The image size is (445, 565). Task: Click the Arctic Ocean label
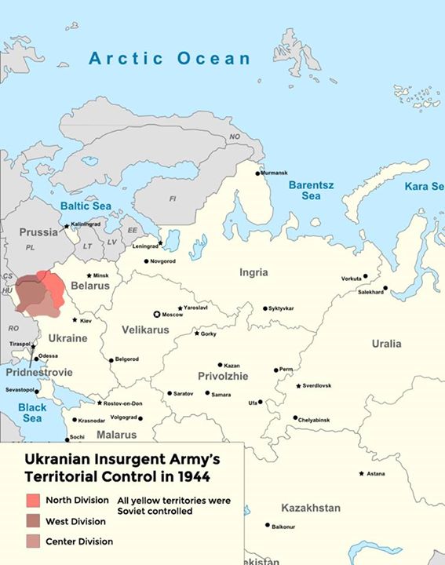click(x=170, y=58)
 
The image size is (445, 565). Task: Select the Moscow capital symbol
click(x=156, y=314)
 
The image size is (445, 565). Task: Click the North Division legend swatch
click(x=33, y=500)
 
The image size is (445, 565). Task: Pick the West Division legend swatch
click(x=33, y=520)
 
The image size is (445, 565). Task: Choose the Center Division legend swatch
click(x=33, y=541)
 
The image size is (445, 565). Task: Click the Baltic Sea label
click(x=86, y=206)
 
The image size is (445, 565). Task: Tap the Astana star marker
click(x=361, y=473)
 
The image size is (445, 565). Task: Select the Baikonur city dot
click(x=268, y=525)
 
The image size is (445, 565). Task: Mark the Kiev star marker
click(x=75, y=319)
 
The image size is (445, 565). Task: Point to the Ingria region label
click(x=254, y=272)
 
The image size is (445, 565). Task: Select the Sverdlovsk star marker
click(x=298, y=385)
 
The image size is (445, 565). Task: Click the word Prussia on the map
click(x=38, y=232)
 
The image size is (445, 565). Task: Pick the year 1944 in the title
click(x=191, y=476)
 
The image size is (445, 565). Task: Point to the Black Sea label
click(x=32, y=413)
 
